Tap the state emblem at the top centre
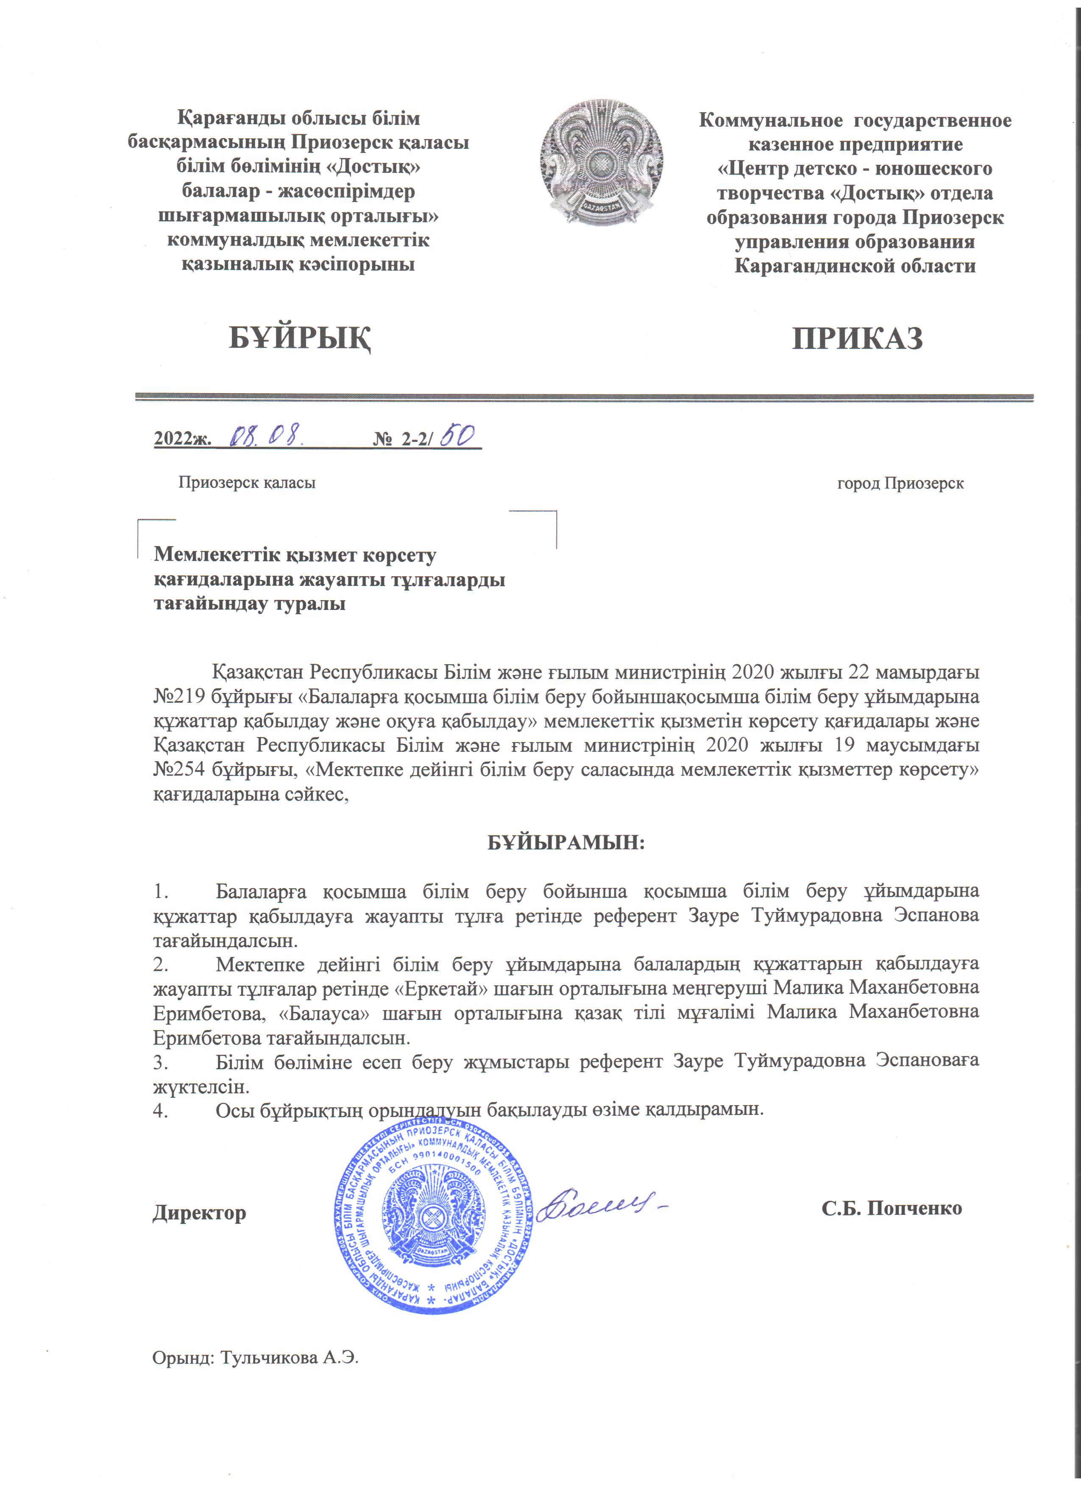tap(601, 163)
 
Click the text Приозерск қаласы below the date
tap(247, 483)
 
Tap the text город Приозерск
tap(900, 483)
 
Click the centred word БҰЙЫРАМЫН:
tap(566, 843)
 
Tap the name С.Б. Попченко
tap(892, 1208)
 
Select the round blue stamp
tap(434, 1217)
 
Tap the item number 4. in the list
tap(161, 1109)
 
